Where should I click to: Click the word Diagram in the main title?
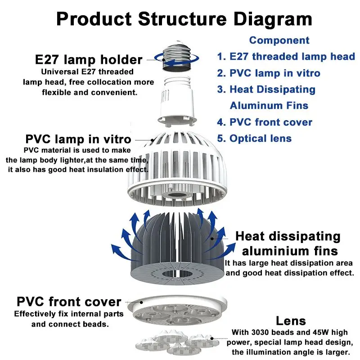273,19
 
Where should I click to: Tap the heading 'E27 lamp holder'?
89,60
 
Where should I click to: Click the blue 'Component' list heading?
279,40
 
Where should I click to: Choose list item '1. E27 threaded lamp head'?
286,57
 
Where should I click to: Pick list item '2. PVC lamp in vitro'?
269,73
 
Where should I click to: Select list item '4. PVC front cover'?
265,122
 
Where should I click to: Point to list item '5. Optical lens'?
254,139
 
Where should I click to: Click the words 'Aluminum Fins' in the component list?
269,106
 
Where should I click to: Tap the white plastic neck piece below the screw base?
177,101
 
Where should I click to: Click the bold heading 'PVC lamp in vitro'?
78,139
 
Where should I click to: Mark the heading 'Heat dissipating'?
288,237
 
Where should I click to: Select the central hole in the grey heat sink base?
177,273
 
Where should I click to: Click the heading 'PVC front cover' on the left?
69,301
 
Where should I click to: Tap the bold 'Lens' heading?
291,321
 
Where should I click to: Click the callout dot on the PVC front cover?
141,302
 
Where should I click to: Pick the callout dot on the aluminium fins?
212,239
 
